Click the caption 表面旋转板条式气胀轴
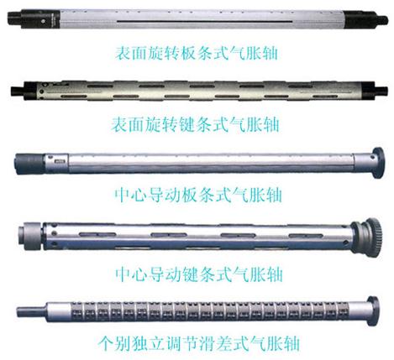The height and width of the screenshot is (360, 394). [197, 53]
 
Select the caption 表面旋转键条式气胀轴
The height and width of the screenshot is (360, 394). [195, 124]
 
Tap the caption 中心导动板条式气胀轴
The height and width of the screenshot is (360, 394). [198, 195]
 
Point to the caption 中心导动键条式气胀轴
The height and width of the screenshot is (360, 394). [199, 274]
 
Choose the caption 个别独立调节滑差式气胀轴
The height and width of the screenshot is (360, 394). [199, 343]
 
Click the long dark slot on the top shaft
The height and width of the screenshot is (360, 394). [205, 21]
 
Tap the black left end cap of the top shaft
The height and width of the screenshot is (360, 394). [34, 19]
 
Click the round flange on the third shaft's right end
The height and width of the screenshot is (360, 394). [378, 163]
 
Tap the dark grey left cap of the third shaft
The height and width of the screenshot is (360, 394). [29, 164]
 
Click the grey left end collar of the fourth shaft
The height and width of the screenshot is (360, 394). [30, 236]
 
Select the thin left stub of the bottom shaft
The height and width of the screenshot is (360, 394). [32, 312]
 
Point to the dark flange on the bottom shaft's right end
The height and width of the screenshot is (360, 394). [373, 311]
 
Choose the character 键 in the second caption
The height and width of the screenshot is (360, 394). [186, 124]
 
